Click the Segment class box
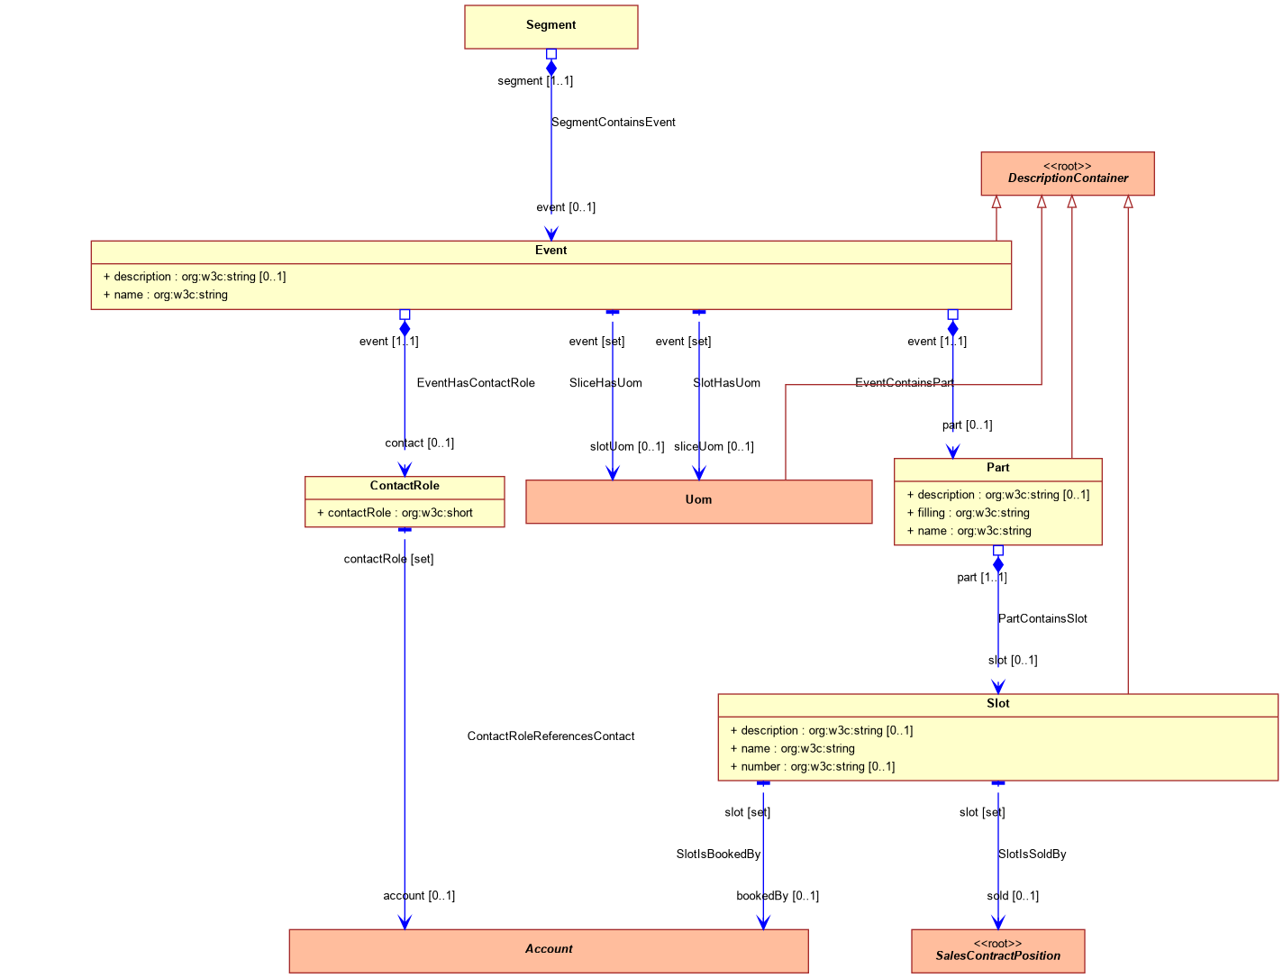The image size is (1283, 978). pyautogui.click(x=551, y=27)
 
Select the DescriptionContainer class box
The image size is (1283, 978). pyautogui.click(x=1068, y=174)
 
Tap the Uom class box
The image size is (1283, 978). pyautogui.click(x=698, y=501)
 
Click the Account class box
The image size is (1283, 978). pyautogui.click(x=549, y=951)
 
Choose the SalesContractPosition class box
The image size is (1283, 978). pyautogui.click(x=997, y=951)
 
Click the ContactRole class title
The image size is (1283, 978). pyautogui.click(x=405, y=486)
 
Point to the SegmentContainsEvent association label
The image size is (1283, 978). pyautogui.click(x=614, y=123)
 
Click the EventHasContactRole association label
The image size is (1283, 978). pyautogui.click(x=476, y=383)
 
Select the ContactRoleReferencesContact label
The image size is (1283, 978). pyautogui.click(x=551, y=736)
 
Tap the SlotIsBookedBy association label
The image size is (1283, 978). pyautogui.click(x=718, y=855)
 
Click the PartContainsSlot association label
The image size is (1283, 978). pyautogui.click(x=1042, y=618)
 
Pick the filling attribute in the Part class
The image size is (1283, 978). pyautogui.click(x=969, y=513)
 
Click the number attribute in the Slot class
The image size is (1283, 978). pyautogui.click(x=813, y=766)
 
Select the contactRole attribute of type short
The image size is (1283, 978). pyautogui.click(x=395, y=513)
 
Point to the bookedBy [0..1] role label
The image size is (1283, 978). pyautogui.click(x=778, y=896)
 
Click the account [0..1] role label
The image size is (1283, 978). pyautogui.click(x=419, y=896)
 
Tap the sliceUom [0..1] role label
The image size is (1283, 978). pyautogui.click(x=714, y=446)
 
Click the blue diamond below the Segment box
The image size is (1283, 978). pyautogui.click(x=551, y=69)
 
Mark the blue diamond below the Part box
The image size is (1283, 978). pyautogui.click(x=997, y=564)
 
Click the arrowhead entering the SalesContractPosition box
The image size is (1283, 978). pyautogui.click(x=997, y=922)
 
